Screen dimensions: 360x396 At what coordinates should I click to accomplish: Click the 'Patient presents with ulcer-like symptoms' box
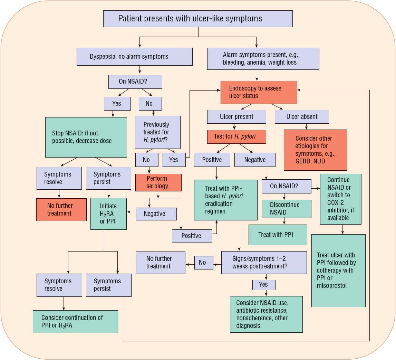click(x=198, y=19)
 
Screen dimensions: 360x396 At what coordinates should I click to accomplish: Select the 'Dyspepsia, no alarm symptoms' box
click(x=134, y=56)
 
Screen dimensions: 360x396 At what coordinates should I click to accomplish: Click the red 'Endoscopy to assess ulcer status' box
click(x=259, y=92)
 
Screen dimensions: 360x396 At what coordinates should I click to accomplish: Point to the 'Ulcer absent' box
click(x=302, y=117)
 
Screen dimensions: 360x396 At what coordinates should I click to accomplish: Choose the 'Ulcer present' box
click(x=236, y=117)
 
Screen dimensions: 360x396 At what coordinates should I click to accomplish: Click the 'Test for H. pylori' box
click(x=236, y=136)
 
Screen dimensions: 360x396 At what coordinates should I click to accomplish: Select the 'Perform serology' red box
click(x=158, y=182)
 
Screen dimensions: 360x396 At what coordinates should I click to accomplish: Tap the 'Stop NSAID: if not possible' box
click(x=86, y=137)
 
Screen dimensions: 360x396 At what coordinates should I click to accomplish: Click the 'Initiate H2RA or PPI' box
click(x=108, y=214)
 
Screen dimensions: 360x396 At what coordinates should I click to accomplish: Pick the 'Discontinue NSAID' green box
click(x=285, y=209)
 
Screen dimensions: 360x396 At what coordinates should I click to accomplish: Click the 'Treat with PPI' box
click(x=278, y=235)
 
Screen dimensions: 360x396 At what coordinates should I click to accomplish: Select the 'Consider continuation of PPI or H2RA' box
click(x=75, y=321)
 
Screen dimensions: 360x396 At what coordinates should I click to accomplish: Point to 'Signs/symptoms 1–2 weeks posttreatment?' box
click(x=264, y=263)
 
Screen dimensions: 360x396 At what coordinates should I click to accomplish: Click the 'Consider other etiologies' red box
click(x=315, y=150)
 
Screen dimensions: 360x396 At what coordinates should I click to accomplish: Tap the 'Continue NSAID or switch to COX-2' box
click(x=340, y=199)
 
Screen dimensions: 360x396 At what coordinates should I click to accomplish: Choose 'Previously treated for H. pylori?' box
click(x=157, y=132)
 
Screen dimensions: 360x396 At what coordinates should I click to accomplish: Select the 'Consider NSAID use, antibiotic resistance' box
click(x=266, y=314)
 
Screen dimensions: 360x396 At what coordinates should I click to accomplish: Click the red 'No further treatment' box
click(x=61, y=209)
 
